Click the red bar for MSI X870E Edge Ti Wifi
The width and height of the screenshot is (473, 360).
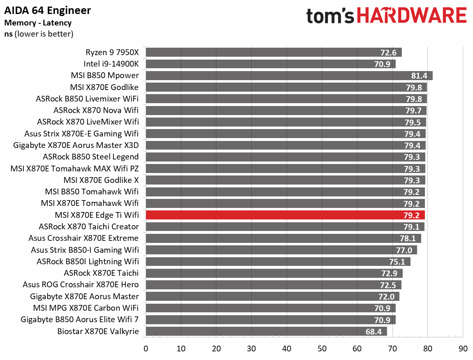coord(285,215)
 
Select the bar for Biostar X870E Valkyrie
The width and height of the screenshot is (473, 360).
coord(266,331)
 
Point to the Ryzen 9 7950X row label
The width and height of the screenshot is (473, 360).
coord(112,52)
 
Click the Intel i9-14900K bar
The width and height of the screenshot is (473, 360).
coord(270,64)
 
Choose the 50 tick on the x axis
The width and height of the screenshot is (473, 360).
coord(322,348)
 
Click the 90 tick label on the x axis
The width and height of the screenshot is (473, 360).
coord(463,348)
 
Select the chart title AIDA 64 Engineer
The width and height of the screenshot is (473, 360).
coord(47,10)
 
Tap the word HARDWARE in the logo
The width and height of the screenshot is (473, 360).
coord(411,16)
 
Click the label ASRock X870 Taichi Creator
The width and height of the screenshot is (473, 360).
coord(88,226)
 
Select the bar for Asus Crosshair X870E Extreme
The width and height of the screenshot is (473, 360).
coord(283,238)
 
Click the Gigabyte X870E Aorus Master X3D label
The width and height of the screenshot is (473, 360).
coord(76,145)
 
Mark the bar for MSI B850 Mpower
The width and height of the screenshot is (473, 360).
coord(289,76)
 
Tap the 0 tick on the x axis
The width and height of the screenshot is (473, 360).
coord(146,348)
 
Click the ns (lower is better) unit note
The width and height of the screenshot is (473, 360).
coord(38,34)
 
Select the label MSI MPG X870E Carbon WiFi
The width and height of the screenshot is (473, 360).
coord(86,308)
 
